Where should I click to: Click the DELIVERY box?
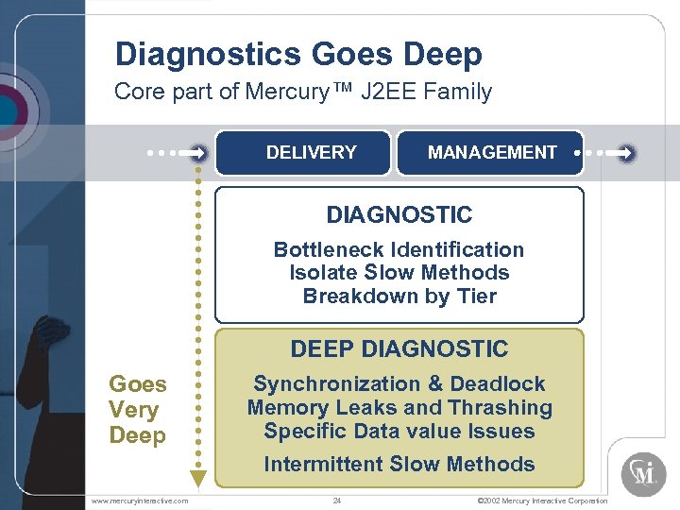[x=302, y=152]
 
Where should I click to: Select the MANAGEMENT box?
[x=490, y=152]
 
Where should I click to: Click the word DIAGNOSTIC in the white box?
[x=399, y=214]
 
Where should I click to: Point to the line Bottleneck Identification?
[x=399, y=249]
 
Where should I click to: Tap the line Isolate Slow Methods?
[x=399, y=273]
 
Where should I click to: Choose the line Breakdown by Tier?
[x=399, y=296]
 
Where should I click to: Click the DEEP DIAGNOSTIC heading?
[x=399, y=348]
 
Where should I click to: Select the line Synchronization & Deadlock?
[x=399, y=383]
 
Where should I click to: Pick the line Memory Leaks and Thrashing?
[x=399, y=408]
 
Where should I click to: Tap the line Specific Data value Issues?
[x=399, y=432]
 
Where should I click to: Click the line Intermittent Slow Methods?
[x=399, y=464]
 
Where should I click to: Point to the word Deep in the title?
[x=443, y=55]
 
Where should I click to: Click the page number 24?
[x=337, y=501]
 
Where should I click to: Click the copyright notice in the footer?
[x=543, y=501]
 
